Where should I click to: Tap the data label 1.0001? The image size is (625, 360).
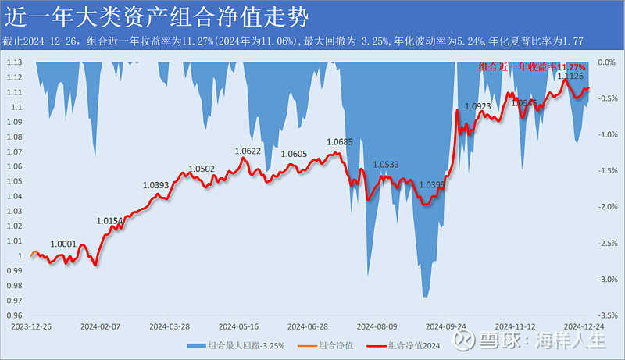pos(63,244)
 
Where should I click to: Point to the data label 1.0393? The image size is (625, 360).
pos(155,185)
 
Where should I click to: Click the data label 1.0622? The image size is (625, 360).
pos(245,151)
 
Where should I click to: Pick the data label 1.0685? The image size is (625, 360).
pos(340,141)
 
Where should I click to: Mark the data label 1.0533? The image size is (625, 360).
pos(386,165)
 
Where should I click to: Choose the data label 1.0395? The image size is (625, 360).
pos(433,185)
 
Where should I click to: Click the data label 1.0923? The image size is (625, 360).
pos(477,106)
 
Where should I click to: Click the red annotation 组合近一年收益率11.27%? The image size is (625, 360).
pos(532,67)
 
